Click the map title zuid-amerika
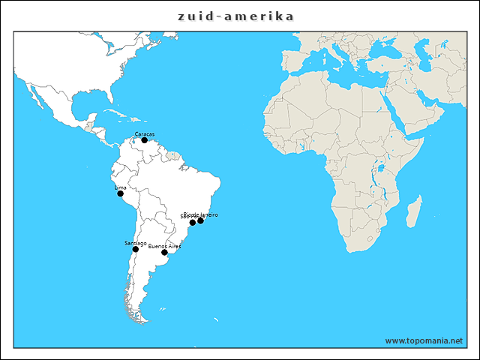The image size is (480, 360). (x=236, y=16)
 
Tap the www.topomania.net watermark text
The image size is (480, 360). (x=424, y=340)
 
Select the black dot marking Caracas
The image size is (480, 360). (x=145, y=140)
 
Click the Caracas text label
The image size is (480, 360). (x=144, y=134)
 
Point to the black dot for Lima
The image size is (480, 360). (x=120, y=193)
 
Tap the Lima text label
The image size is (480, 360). (x=120, y=187)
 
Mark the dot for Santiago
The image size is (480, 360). (x=136, y=249)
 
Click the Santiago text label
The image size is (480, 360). (x=135, y=243)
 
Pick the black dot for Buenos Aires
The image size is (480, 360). (x=164, y=253)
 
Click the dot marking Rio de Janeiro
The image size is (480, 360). (x=200, y=220)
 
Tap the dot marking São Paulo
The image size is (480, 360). (x=193, y=223)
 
